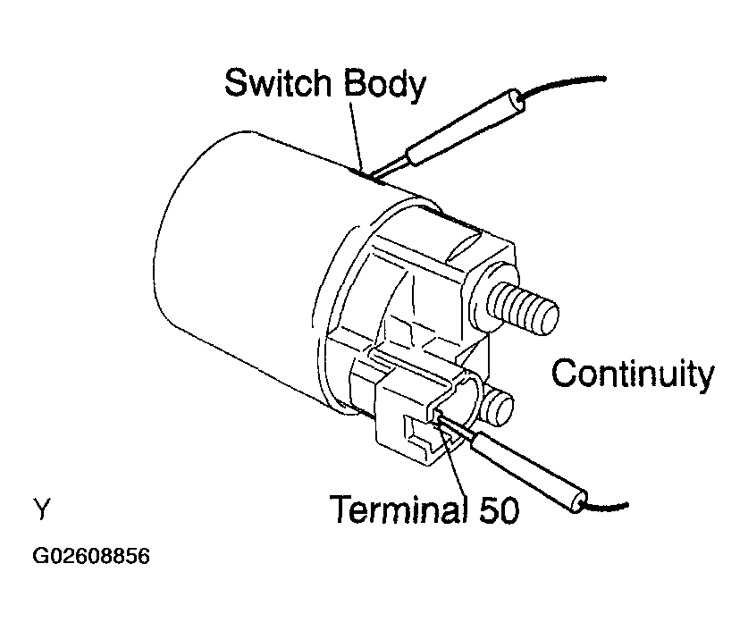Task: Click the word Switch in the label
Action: [x=279, y=82]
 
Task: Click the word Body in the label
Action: [x=384, y=85]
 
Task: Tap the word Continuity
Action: [x=633, y=374]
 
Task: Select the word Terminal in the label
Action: [x=399, y=509]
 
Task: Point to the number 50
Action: [x=499, y=509]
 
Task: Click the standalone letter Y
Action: [x=41, y=509]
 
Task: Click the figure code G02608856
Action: [x=91, y=556]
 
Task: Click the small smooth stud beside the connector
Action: [x=498, y=408]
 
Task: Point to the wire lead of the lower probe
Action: [x=606, y=507]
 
